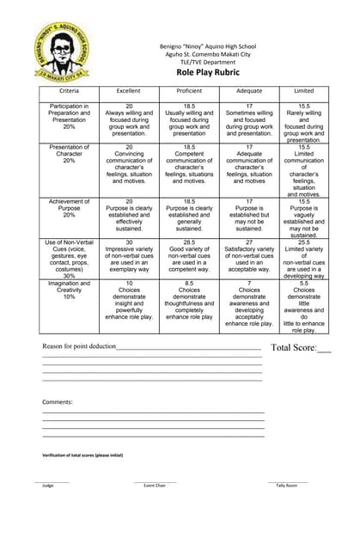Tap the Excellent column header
pyautogui.click(x=129, y=90)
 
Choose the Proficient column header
pyautogui.click(x=189, y=90)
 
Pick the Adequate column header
pyautogui.click(x=249, y=90)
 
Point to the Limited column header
pyautogui.click(x=304, y=90)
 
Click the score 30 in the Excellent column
pyautogui.click(x=129, y=219)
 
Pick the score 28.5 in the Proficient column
pyautogui.click(x=189, y=219)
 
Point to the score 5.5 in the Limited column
pyautogui.click(x=304, y=283)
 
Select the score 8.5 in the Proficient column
pyautogui.click(x=189, y=283)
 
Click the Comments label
pyautogui.click(x=58, y=401)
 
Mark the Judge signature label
pyautogui.click(x=48, y=486)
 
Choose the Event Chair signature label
pyautogui.click(x=155, y=486)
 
